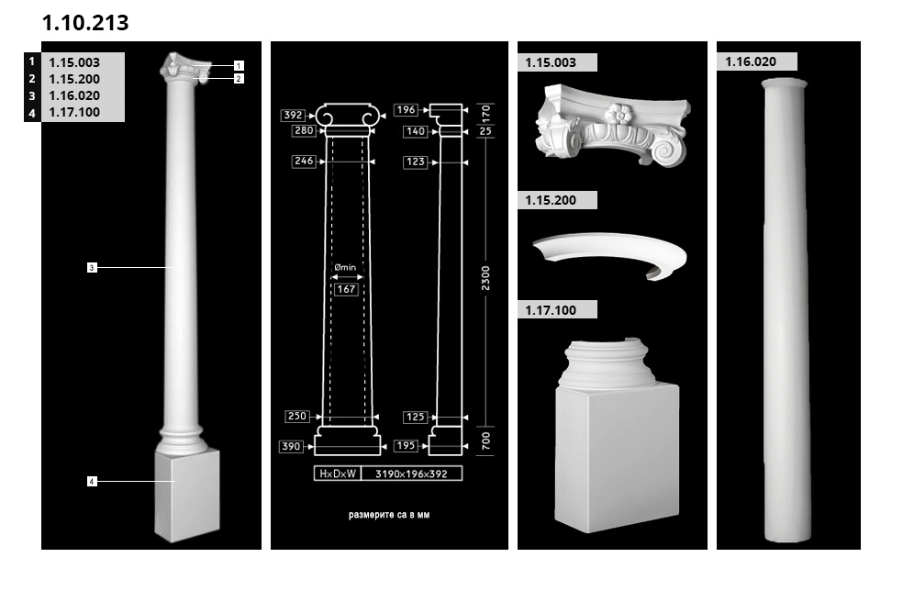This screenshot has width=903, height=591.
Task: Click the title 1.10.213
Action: click(x=85, y=23)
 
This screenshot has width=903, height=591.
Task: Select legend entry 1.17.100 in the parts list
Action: click(x=74, y=113)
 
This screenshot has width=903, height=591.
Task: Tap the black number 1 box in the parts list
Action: click(x=32, y=61)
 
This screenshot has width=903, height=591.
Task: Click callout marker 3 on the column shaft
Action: click(x=92, y=268)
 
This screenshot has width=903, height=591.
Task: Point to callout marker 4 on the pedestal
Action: click(x=92, y=481)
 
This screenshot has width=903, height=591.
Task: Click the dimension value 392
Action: click(x=294, y=116)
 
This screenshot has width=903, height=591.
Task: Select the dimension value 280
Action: click(x=304, y=131)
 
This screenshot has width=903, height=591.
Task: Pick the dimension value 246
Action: click(x=304, y=162)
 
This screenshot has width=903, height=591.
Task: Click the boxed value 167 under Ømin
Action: click(x=346, y=289)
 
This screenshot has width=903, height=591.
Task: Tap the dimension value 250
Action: click(x=297, y=417)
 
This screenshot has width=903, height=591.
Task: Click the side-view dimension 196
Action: click(x=407, y=110)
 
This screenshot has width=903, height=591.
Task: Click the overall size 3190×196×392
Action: click(x=411, y=474)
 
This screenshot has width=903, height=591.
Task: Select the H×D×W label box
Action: click(x=337, y=474)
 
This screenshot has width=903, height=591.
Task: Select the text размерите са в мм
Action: click(x=389, y=516)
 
